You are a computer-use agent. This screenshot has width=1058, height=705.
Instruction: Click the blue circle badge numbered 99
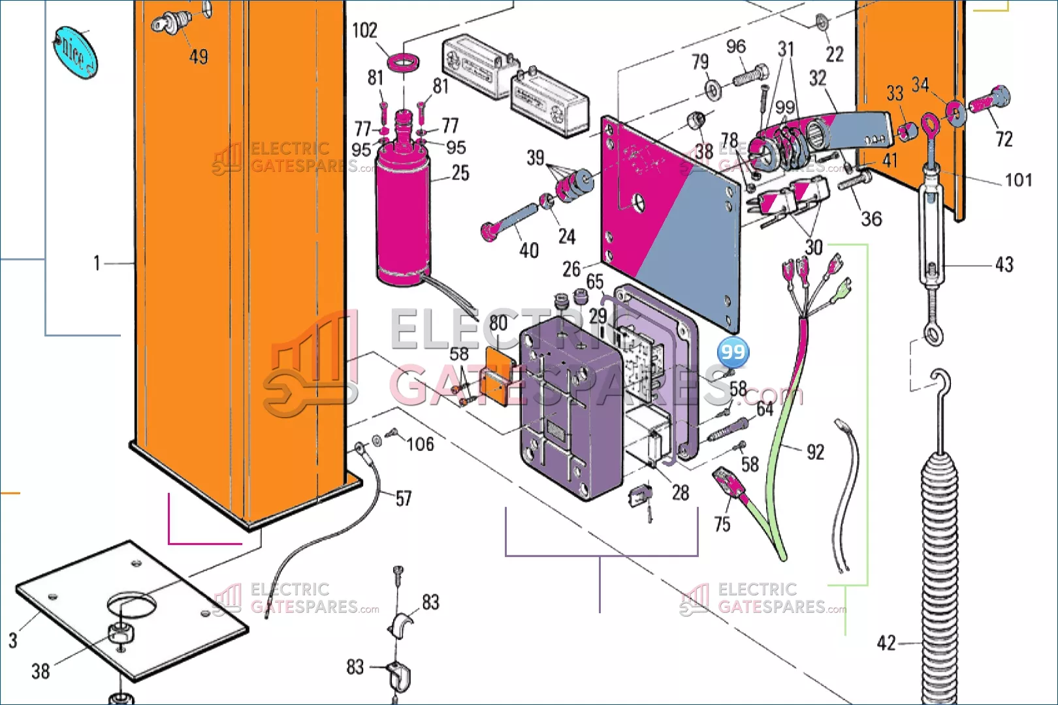733,352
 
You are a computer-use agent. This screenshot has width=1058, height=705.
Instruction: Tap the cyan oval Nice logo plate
76,52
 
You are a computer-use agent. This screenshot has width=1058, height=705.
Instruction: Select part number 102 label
364,31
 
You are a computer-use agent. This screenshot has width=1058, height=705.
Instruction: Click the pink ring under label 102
404,62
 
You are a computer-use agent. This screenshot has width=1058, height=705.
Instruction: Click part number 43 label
1004,264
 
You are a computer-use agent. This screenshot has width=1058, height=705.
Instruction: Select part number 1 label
97,263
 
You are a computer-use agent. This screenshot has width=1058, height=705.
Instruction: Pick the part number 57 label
404,499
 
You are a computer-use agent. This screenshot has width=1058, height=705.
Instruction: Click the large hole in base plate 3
132,604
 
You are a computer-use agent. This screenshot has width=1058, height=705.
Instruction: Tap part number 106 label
420,445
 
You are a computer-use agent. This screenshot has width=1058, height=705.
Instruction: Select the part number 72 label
1004,139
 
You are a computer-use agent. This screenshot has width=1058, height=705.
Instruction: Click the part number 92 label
816,452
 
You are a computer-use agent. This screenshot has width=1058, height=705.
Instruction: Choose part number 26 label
571,269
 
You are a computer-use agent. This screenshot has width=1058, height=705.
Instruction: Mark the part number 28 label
680,493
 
